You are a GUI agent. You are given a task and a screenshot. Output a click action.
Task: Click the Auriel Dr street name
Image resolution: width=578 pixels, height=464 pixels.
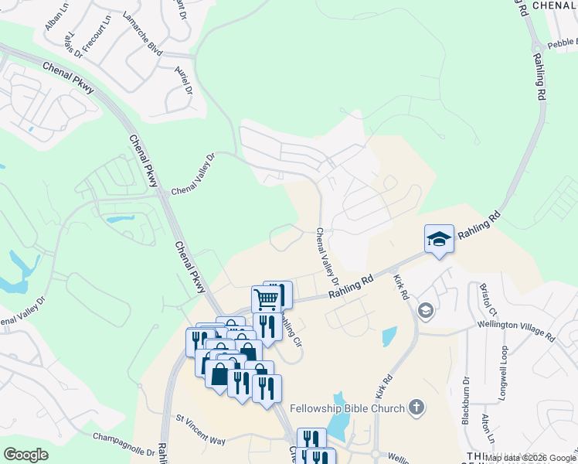[183, 78]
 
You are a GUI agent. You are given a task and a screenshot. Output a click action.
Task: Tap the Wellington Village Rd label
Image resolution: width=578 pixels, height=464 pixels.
[515, 333]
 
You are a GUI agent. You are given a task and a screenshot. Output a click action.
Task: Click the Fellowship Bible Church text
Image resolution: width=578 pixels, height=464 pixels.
[346, 408]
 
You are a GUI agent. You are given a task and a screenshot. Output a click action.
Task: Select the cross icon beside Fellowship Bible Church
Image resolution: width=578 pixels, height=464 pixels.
[416, 407]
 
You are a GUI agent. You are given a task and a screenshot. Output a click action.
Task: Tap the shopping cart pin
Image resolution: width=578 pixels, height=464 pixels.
[266, 299]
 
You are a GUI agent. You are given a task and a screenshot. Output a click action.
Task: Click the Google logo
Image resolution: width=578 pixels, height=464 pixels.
[25, 455]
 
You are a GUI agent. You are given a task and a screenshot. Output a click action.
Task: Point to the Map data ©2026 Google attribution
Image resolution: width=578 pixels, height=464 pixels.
[530, 458]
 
